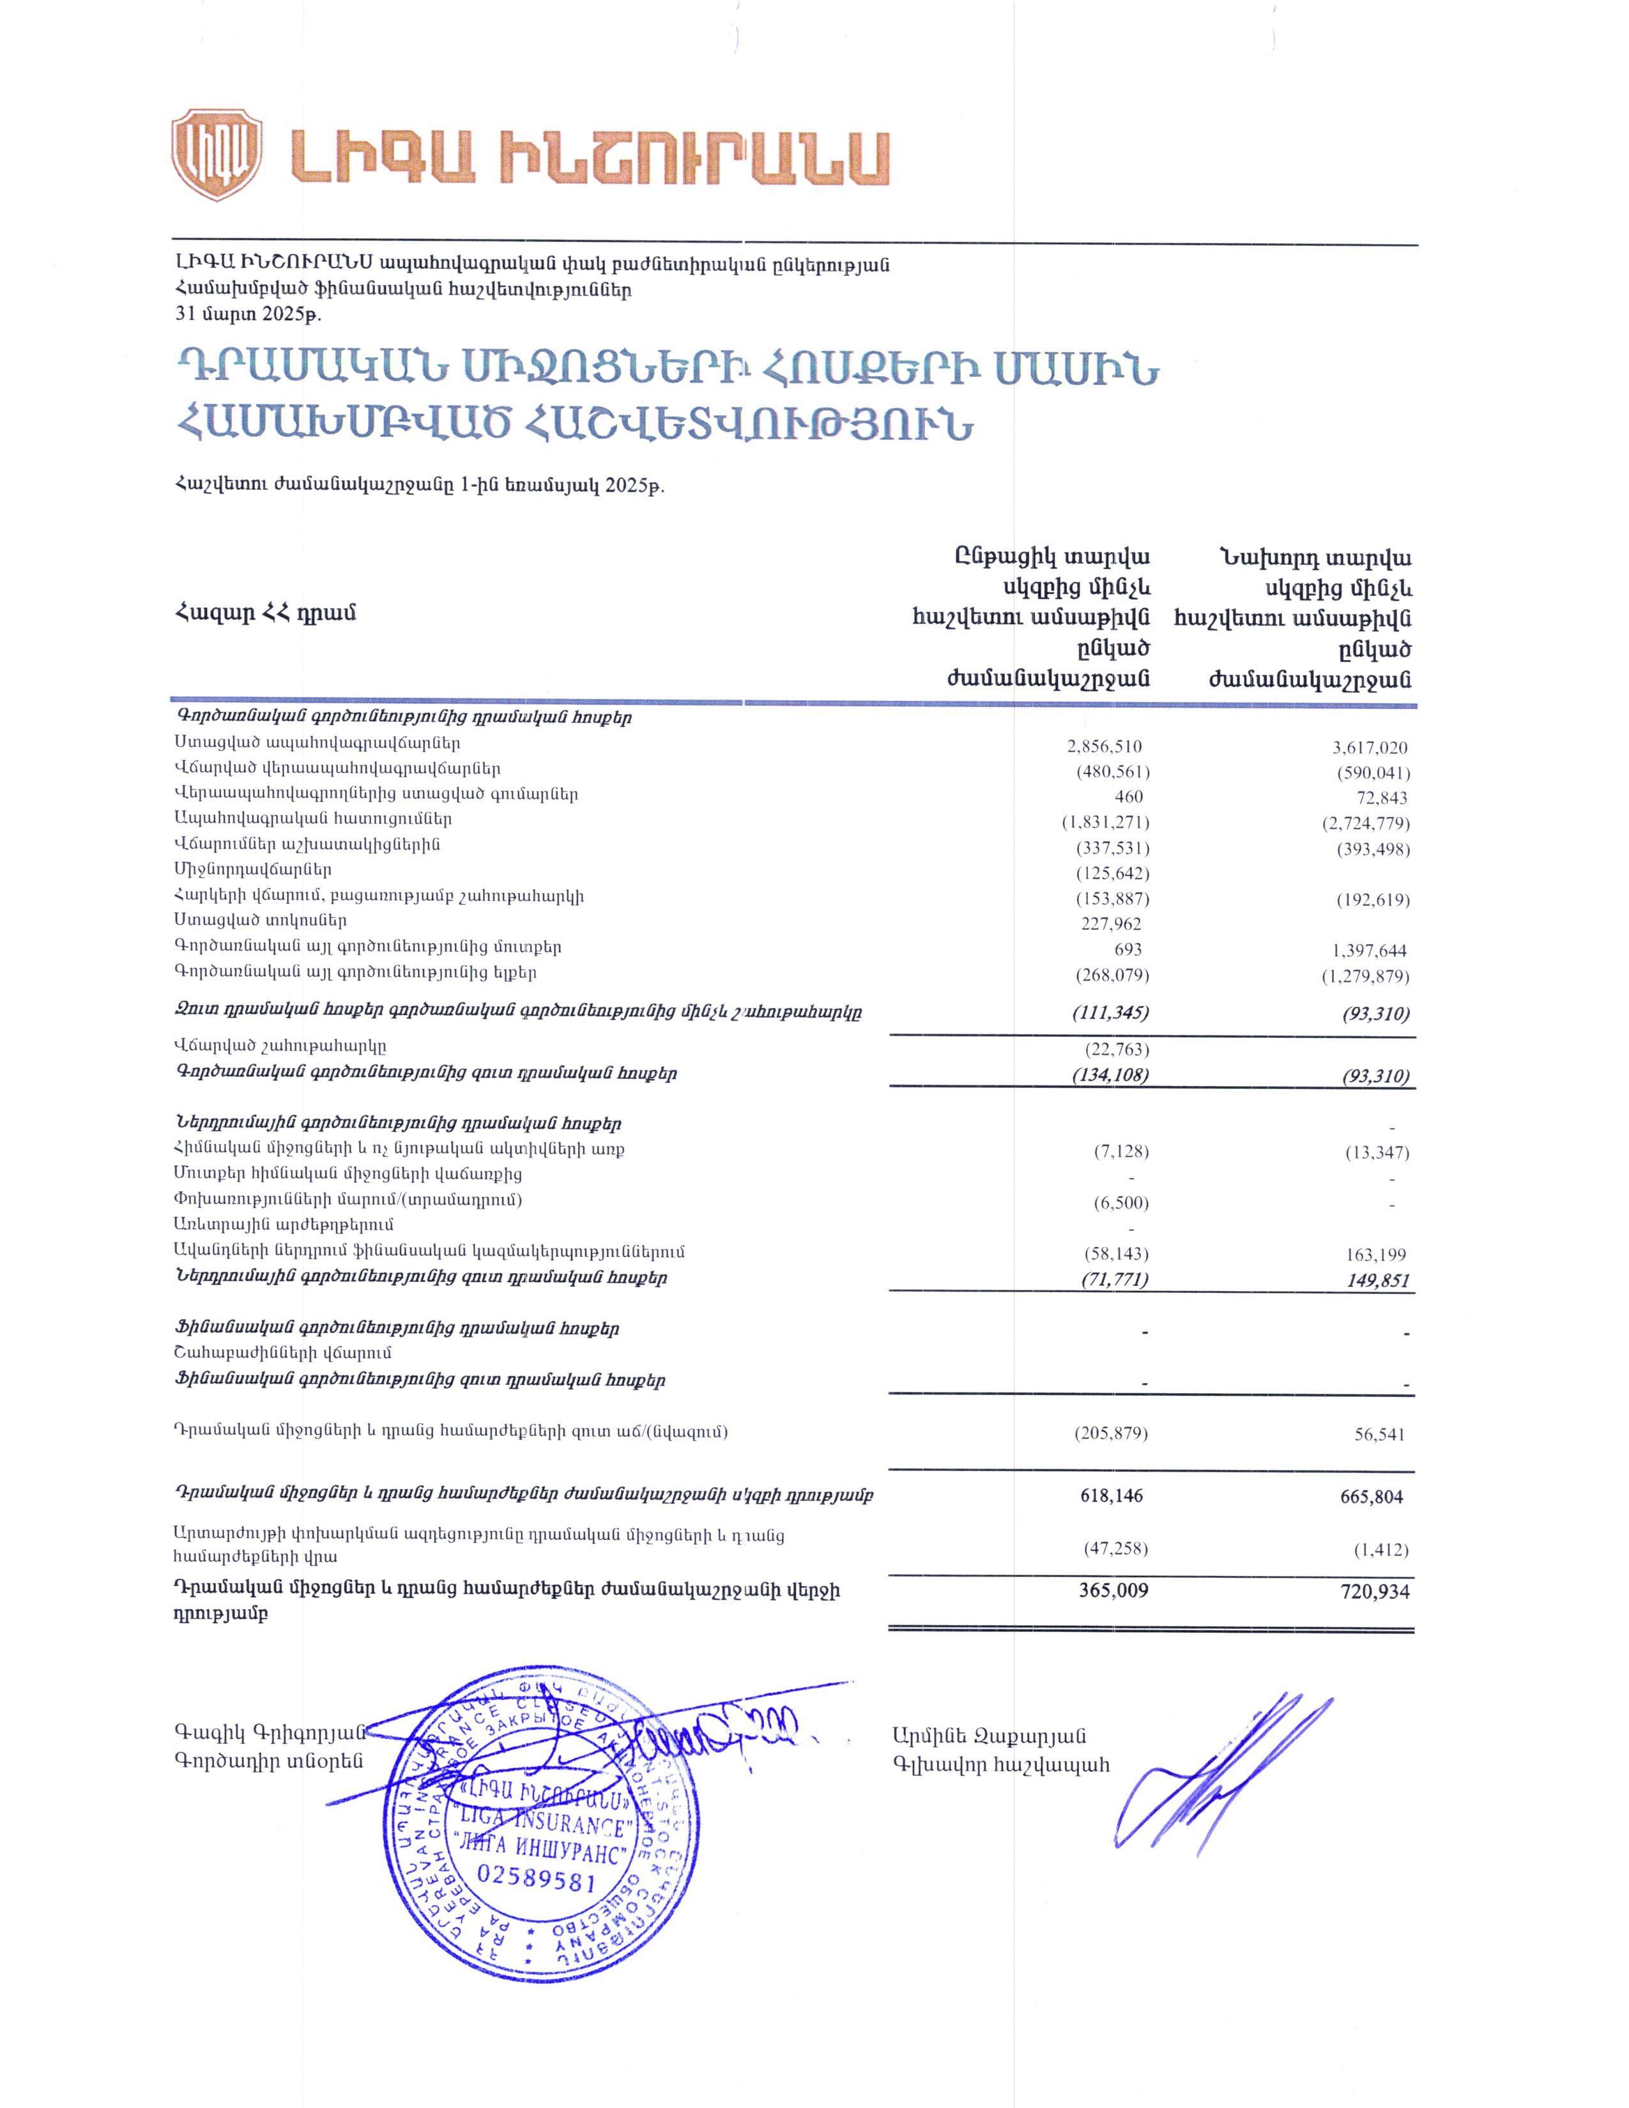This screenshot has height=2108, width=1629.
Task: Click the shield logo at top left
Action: click(x=216, y=155)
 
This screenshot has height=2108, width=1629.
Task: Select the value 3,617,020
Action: click(x=1370, y=747)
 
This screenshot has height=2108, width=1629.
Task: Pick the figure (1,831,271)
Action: click(x=1105, y=822)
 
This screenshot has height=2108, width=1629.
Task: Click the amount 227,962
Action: click(x=1111, y=924)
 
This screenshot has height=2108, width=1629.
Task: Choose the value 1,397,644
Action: click(x=1370, y=951)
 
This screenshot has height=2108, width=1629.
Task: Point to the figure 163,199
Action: click(x=1375, y=1255)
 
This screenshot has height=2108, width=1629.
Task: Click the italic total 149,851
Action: click(x=1378, y=1281)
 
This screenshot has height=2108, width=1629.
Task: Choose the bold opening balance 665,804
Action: click(x=1372, y=1497)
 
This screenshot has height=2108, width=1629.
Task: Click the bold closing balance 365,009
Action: click(x=1113, y=1591)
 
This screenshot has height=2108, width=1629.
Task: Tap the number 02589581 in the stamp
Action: click(x=537, y=1877)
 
